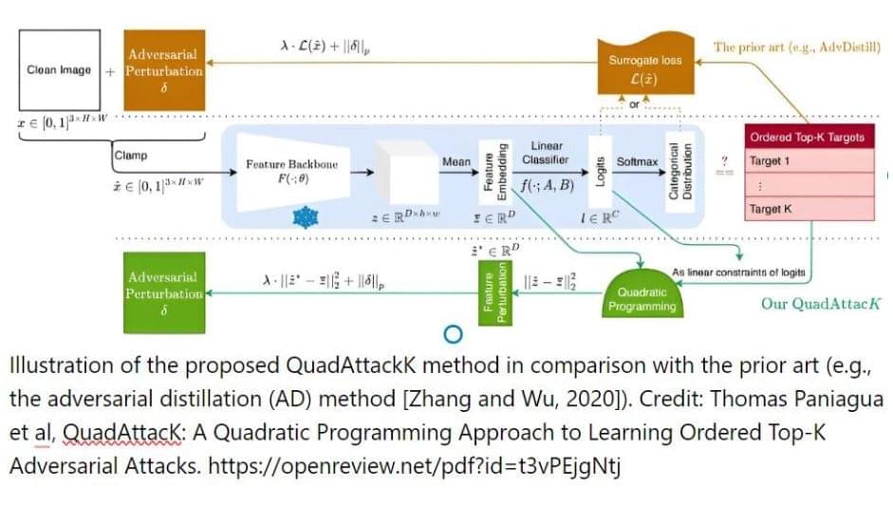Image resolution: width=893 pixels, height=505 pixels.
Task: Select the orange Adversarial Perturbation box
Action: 164,69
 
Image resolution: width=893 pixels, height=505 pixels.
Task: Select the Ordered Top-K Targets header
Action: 807,137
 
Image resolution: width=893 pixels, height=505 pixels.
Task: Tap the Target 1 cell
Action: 807,161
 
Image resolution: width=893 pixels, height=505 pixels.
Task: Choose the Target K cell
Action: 807,209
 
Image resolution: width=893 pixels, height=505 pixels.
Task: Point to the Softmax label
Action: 637,162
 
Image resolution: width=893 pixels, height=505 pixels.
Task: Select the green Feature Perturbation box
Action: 493,293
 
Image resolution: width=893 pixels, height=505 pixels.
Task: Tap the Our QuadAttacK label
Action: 820,304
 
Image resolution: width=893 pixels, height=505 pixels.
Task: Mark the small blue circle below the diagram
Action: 453,334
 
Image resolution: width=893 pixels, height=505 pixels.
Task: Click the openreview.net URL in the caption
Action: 417,469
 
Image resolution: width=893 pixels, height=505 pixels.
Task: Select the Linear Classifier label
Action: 546,153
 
